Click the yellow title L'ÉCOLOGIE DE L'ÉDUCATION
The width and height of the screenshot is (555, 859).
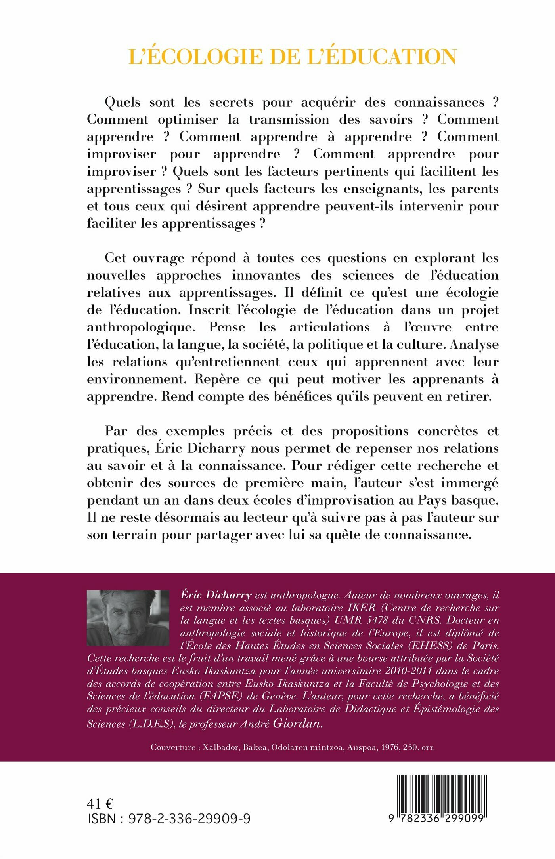click(x=293, y=57)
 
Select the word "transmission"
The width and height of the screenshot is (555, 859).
click(x=289, y=120)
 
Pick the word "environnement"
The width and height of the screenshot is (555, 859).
click(x=136, y=379)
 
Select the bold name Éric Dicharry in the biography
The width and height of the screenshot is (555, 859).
click(x=216, y=595)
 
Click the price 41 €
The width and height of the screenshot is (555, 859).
click(x=100, y=804)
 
